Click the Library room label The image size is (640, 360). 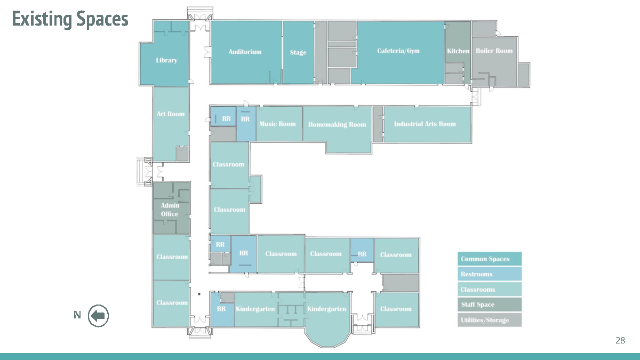pos(166,60)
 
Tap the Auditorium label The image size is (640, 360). pos(245,52)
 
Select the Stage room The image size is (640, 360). pos(298,53)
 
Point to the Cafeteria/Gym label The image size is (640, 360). pos(398,51)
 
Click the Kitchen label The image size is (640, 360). pos(458,51)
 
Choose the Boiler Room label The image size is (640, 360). pos(494,51)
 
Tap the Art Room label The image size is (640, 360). pos(171,114)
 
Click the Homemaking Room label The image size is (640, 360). pos(337,125)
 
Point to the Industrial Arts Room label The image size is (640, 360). pos(425,124)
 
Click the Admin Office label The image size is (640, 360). pos(170,210)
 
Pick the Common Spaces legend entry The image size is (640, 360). pos(490,259)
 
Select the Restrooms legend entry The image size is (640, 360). pos(490,274)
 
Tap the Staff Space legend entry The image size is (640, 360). pos(490,305)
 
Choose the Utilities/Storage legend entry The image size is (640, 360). pos(490,320)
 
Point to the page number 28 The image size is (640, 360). pos(620,340)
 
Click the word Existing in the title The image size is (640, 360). pos(42,19)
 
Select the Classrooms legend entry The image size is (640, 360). pos(490,290)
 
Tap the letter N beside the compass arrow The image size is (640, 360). pos(77,315)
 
